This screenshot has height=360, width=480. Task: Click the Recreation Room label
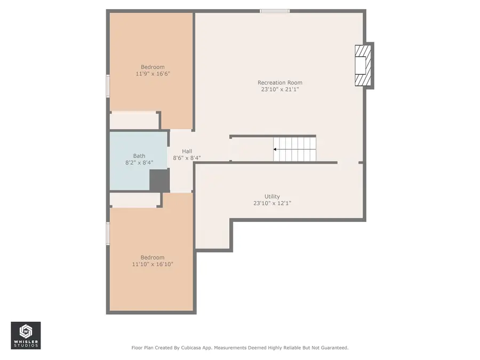[279, 83]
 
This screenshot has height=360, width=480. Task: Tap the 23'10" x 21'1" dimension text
[279, 90]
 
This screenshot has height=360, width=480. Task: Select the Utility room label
[272, 196]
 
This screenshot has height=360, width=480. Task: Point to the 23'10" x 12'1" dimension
[272, 203]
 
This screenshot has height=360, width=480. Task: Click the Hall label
[187, 151]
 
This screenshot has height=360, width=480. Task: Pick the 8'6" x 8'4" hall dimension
[187, 158]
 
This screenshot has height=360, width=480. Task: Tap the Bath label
[139, 156]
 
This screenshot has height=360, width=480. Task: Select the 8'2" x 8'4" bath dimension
[139, 163]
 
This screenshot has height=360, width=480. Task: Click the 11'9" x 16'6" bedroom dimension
[153, 74]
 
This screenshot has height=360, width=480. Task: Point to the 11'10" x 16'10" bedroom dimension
[153, 264]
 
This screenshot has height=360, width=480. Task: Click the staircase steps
[294, 149]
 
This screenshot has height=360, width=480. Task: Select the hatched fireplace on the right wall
[362, 65]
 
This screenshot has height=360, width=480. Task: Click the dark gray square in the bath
[159, 181]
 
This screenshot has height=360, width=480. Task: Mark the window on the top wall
[275, 11]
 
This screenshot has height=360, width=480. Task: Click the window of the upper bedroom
[108, 86]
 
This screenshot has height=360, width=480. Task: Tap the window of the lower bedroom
[108, 234]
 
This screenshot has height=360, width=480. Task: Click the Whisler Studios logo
[26, 335]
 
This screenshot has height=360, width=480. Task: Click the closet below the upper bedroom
[134, 120]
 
